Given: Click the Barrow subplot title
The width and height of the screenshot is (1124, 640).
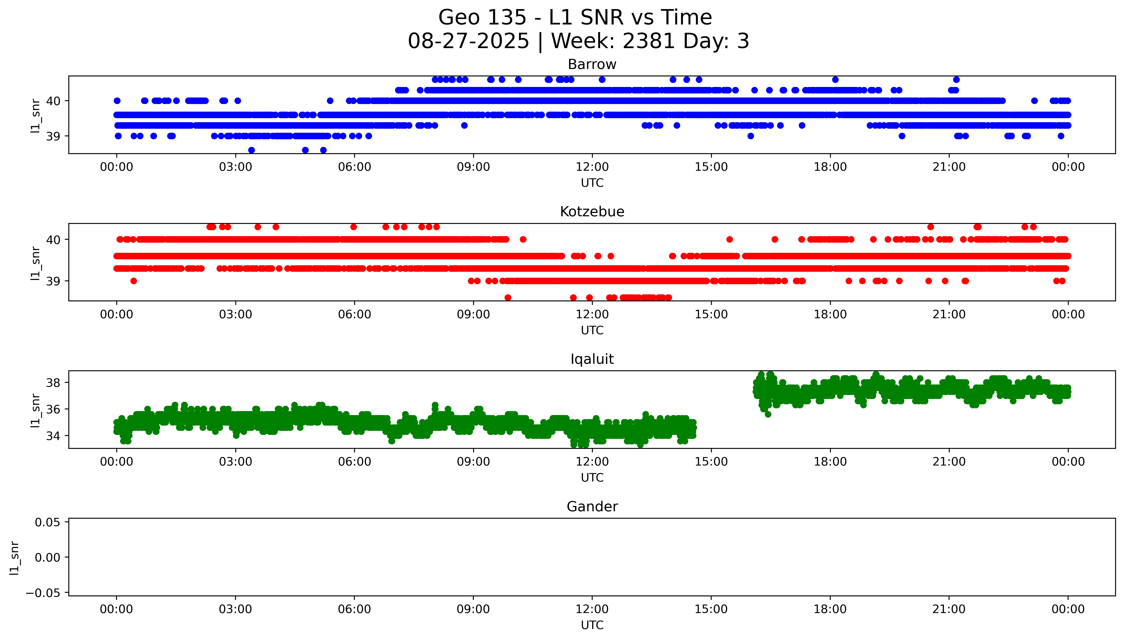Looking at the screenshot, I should coord(592,65).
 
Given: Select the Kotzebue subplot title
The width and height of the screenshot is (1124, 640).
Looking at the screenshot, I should coord(592,212).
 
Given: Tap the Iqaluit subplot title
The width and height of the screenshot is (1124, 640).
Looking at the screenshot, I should coord(592,359).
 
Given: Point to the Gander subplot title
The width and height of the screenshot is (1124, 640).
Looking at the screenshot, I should coord(592,507).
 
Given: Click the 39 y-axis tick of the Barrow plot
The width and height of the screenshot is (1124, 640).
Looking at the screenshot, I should coord(53,136).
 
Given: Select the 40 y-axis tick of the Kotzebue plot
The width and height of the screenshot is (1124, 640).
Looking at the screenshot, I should coord(53,239).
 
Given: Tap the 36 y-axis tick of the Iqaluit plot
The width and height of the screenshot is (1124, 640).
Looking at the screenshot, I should coord(53,409).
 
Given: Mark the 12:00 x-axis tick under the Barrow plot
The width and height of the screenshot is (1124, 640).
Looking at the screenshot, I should coord(592,167).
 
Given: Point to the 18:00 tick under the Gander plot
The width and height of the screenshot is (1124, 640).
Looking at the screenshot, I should coord(830,609).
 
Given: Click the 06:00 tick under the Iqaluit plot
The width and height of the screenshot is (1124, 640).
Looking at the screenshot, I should coord(354,462).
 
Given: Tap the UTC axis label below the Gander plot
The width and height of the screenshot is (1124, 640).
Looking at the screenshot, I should coord(592,625).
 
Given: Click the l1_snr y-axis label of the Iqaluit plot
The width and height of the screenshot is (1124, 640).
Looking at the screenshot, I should coord(35,410).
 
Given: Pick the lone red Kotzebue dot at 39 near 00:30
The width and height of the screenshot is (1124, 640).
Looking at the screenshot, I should coord(134,281).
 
